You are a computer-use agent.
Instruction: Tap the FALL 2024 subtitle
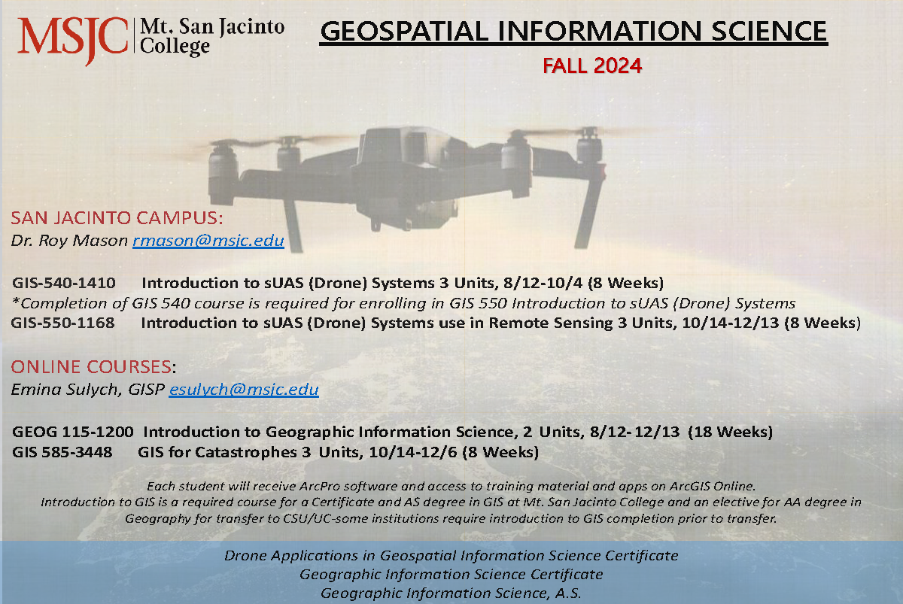click(591, 65)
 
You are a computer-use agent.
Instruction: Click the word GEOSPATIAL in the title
click(404, 32)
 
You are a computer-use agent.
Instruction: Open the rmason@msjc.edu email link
click(208, 241)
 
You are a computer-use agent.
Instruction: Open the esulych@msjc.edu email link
click(244, 390)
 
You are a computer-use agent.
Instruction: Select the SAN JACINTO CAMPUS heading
click(117, 218)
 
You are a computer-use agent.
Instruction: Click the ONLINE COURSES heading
click(92, 366)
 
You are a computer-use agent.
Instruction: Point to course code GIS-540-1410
click(64, 283)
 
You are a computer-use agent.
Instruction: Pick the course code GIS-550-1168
click(63, 323)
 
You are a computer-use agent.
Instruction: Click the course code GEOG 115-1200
click(72, 432)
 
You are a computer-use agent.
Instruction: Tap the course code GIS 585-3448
click(62, 452)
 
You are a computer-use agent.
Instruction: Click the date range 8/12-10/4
click(543, 284)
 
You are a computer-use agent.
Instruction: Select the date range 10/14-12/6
click(413, 453)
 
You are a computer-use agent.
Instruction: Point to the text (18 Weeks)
click(730, 432)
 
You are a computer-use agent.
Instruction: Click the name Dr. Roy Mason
click(69, 241)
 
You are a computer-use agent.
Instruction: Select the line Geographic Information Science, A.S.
click(451, 593)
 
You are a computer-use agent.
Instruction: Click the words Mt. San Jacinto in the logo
click(212, 27)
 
